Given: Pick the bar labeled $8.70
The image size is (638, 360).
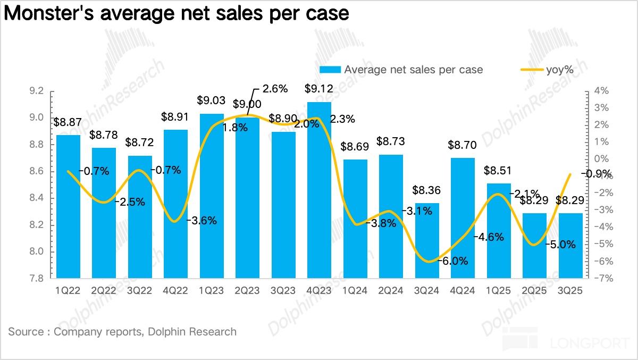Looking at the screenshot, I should point(463,218).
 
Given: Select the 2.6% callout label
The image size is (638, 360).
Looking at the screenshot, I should point(275,88).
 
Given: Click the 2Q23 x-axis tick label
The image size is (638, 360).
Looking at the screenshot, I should point(248,291).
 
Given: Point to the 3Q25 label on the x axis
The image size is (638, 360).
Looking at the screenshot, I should point(570,291).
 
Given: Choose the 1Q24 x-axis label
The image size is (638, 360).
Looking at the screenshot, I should point(355,291).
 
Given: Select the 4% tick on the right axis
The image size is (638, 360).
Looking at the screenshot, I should point(601,91).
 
